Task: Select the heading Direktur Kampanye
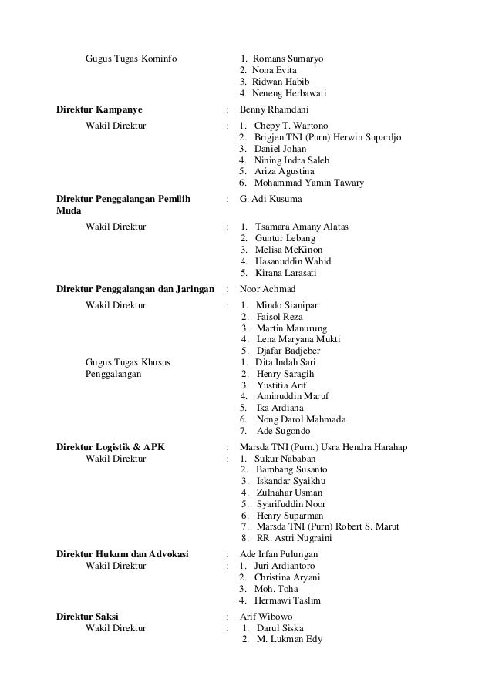(103, 109)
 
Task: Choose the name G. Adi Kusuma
(271, 199)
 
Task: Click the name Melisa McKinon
(289, 250)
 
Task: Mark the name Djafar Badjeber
(288, 351)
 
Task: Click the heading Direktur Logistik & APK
(110, 447)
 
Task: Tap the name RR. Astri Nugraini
(296, 538)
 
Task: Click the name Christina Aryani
(288, 577)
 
